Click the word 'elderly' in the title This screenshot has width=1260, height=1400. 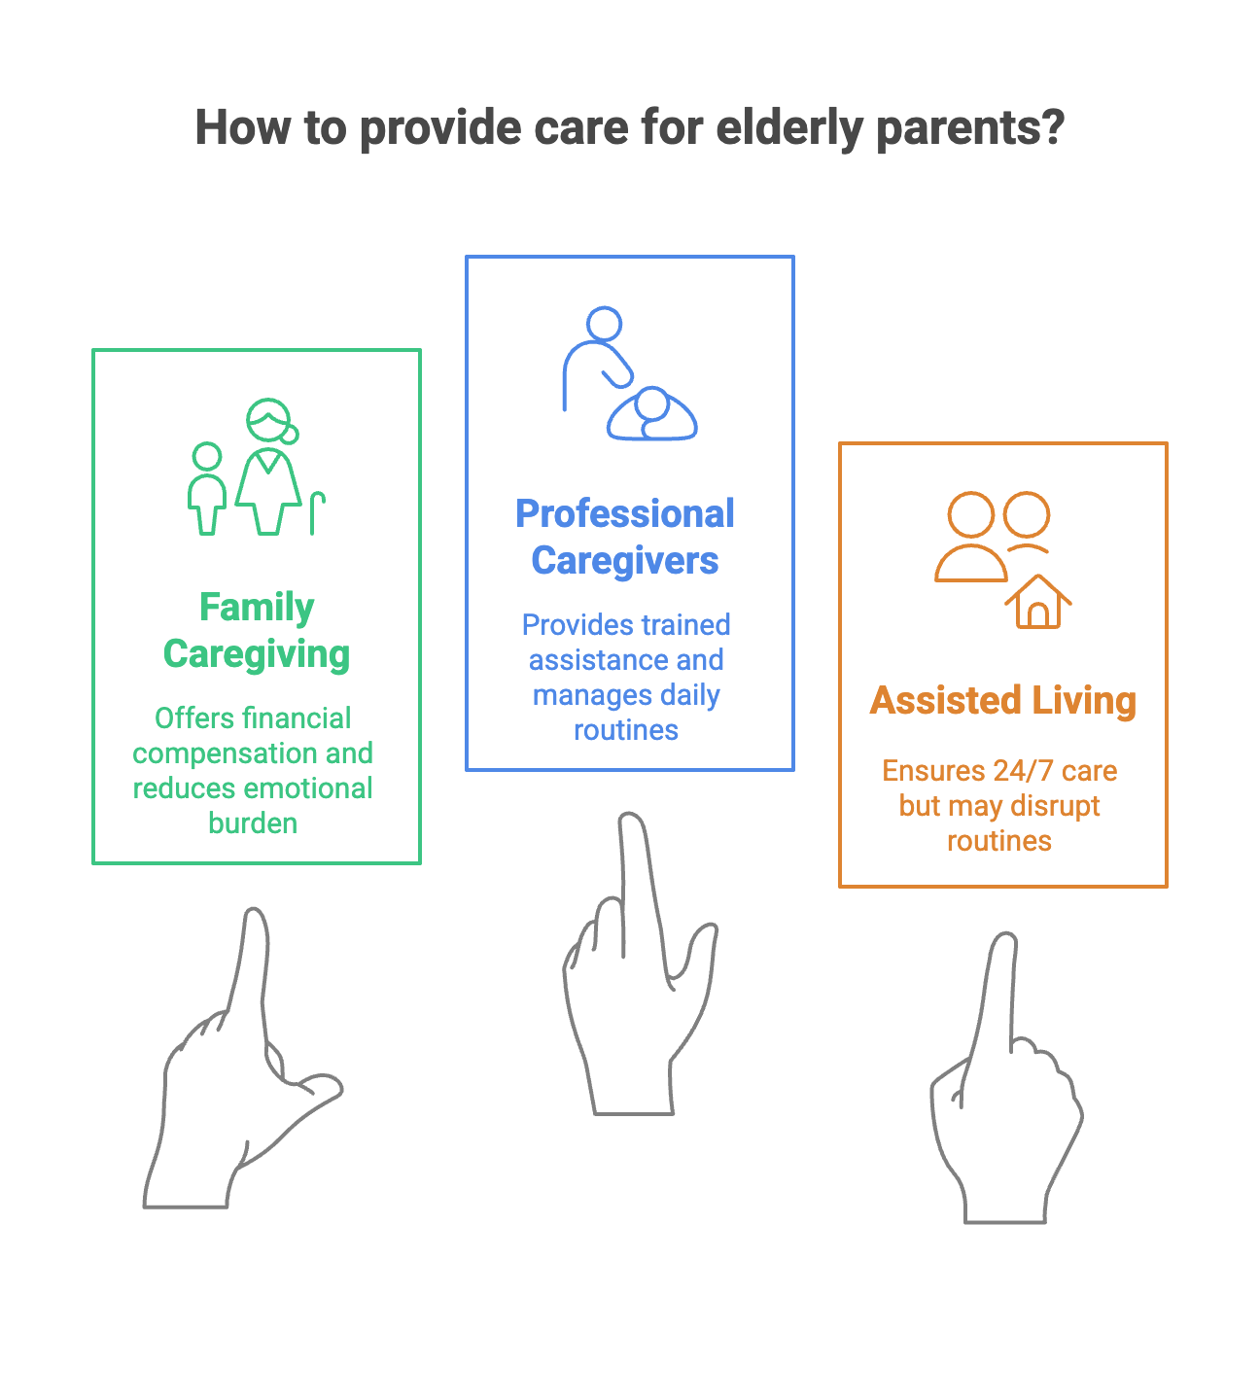click(788, 128)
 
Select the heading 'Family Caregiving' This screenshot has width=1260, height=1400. click(257, 630)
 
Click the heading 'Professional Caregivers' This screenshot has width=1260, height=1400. click(625, 537)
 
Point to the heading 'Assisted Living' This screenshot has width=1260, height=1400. click(1002, 700)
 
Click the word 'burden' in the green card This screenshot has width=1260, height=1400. click(253, 823)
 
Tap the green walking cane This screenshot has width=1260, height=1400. click(318, 513)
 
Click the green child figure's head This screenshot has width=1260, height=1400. click(207, 456)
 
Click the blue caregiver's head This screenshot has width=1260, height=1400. click(604, 324)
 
